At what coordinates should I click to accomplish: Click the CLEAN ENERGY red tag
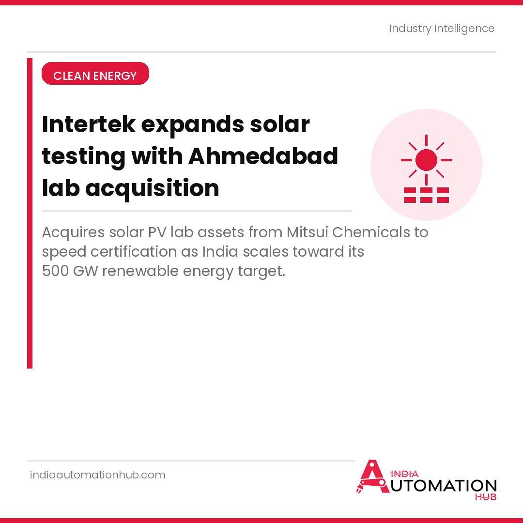point(95,76)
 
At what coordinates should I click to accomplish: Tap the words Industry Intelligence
point(442,29)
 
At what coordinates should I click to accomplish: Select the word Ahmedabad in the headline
point(263,156)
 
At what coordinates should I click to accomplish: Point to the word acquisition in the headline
point(152,188)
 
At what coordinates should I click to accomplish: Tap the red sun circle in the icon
point(426,160)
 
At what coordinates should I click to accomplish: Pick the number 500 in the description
point(55,271)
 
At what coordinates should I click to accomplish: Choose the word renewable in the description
point(140,271)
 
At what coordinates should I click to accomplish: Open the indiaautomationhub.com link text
point(98,475)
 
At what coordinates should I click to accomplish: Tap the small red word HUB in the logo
point(485,497)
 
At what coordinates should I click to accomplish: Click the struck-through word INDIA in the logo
point(404,474)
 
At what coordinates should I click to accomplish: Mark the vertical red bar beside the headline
point(30,213)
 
